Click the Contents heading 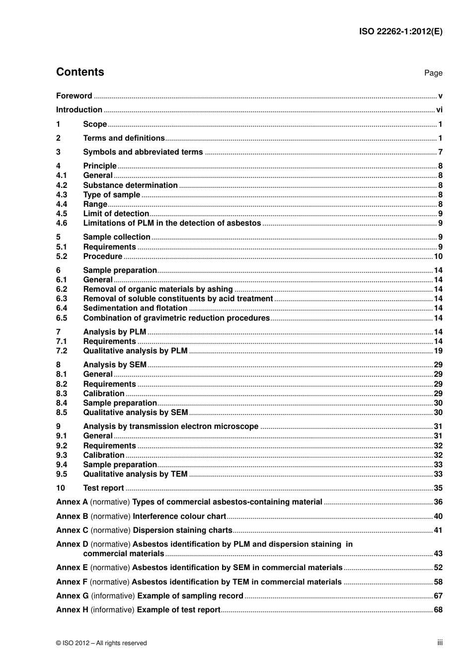click(x=80, y=72)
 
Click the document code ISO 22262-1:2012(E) click(x=400, y=31)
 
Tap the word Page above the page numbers click(x=433, y=73)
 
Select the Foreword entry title click(x=74, y=96)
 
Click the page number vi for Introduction click(x=439, y=110)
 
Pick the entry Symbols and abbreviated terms click(x=143, y=152)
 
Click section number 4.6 click(x=62, y=223)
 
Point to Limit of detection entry click(x=116, y=214)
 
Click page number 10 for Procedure click(x=438, y=256)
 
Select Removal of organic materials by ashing click(x=158, y=289)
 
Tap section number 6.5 click(x=62, y=318)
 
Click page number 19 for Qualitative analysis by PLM click(x=438, y=351)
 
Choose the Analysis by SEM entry click(x=115, y=365)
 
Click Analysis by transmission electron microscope click(x=170, y=426)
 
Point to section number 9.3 click(x=62, y=455)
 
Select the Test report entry click(x=103, y=488)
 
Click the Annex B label click(x=72, y=516)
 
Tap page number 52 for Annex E click(x=438, y=568)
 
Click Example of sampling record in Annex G click(x=190, y=596)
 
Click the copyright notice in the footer click(x=101, y=643)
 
